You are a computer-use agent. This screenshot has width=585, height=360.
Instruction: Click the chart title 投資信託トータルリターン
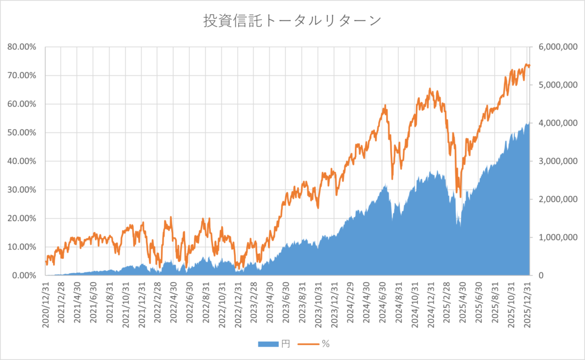click(292, 21)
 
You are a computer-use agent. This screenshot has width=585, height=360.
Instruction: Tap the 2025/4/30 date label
click(464, 305)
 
